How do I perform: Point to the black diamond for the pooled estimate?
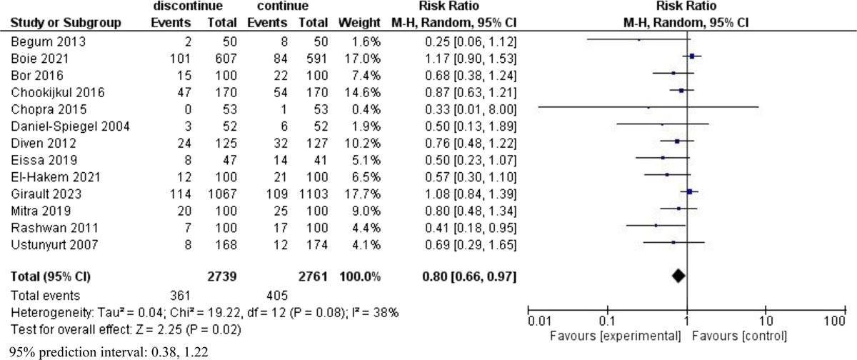[678, 274]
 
